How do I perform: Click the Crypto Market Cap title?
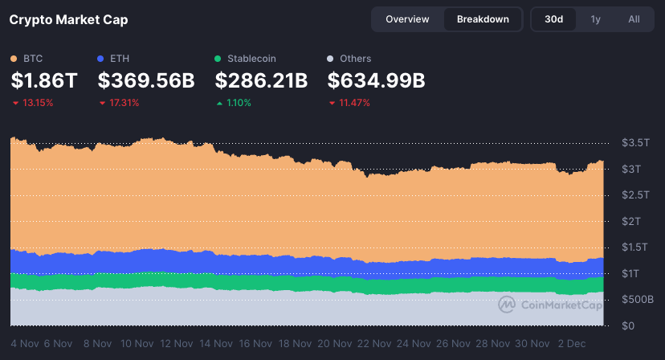[68, 19]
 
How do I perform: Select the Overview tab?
[407, 19]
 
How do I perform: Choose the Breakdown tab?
[483, 19]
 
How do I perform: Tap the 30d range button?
[553, 19]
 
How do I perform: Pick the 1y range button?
[595, 19]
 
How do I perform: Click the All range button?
[634, 19]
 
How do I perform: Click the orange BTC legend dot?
[14, 59]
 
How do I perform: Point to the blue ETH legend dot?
[100, 59]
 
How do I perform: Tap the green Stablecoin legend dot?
[218, 59]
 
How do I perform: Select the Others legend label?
[355, 59]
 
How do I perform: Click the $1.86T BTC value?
[44, 80]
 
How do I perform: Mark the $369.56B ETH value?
[146, 80]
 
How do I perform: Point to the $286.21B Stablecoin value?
[262, 80]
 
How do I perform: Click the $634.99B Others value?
[377, 80]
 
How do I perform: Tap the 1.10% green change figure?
[239, 103]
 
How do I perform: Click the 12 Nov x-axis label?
[177, 343]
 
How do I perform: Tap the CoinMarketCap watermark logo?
[506, 305]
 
